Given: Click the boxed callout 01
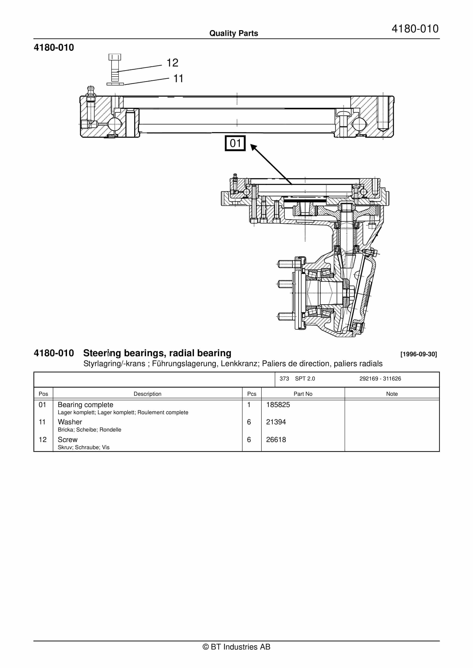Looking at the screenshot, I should (235, 143).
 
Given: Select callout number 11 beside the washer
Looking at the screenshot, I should (178, 79).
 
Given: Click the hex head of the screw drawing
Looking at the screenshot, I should (115, 57).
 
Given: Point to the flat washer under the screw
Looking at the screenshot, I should (115, 84).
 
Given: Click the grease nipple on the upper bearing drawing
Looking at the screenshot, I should (91, 91).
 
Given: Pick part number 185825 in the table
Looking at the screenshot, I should (278, 405).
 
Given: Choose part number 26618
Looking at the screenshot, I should (276, 440).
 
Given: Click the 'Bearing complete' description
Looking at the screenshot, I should (85, 405).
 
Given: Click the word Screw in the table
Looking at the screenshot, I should (68, 440).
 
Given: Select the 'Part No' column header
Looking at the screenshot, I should (303, 394).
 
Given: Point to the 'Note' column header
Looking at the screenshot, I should (392, 394).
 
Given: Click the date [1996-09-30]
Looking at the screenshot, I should (419, 354).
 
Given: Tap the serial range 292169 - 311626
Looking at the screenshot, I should (380, 378).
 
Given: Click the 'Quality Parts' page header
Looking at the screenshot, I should (234, 33).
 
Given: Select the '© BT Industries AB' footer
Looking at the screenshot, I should (236, 647).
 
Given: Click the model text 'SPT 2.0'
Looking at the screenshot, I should (305, 378).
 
